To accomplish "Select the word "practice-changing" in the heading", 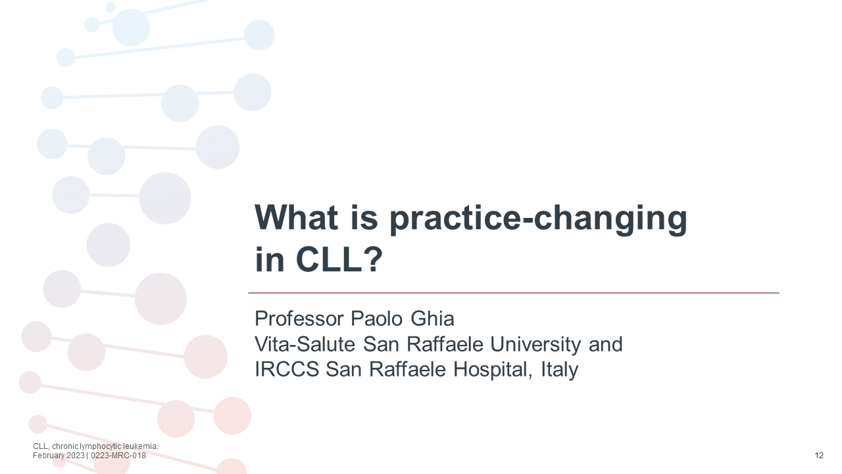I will pyautogui.click(x=534, y=218).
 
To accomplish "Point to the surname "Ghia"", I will pyautogui.click(x=432, y=319).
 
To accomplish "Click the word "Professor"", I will pyautogui.click(x=299, y=319).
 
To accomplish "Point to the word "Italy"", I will pyautogui.click(x=559, y=369).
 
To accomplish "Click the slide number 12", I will pyautogui.click(x=819, y=456).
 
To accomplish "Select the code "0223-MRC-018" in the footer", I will pyautogui.click(x=118, y=456).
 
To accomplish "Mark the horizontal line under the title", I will pyautogui.click(x=513, y=292).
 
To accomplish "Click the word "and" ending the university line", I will pyautogui.click(x=605, y=344).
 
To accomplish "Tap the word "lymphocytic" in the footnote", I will pyautogui.click(x=100, y=446).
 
